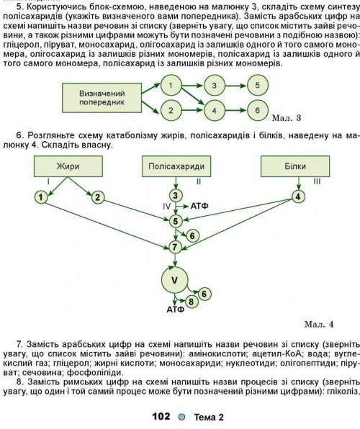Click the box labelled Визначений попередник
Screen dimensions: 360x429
tap(102, 98)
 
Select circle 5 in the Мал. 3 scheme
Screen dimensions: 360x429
tap(257, 85)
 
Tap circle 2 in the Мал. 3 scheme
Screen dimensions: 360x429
tap(171, 110)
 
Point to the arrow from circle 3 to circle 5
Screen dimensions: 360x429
tap(235, 86)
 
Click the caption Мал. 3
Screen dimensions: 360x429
tap(287, 118)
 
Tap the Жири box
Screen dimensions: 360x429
tap(68, 166)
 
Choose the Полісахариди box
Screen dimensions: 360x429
tap(176, 166)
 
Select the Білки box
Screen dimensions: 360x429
tap(295, 166)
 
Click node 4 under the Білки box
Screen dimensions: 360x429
tap(298, 197)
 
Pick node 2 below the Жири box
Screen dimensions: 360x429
tap(97, 197)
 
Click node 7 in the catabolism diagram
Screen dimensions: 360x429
tap(175, 247)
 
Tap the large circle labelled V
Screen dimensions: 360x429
tap(175, 280)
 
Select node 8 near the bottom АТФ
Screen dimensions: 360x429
tap(191, 302)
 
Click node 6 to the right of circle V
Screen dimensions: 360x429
tap(204, 294)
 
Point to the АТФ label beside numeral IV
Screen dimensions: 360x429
tap(199, 206)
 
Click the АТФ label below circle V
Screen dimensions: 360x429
tap(175, 310)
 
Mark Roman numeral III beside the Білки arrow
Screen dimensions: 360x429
tap(317, 181)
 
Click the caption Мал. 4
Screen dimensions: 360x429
tap(319, 325)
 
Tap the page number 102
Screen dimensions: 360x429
tap(161, 417)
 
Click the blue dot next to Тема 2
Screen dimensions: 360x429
tap(181, 417)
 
